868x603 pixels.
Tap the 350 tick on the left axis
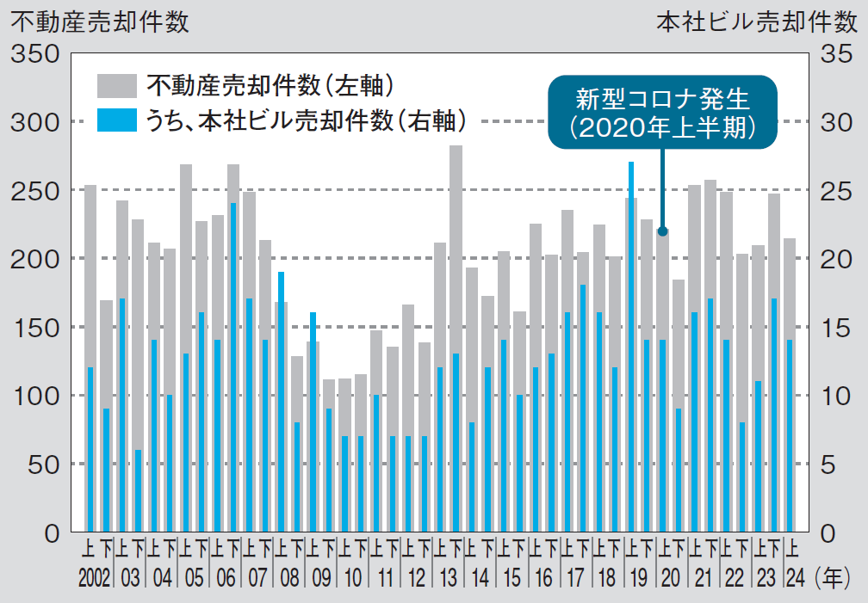pos(34,54)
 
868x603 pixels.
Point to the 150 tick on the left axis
pos(34,328)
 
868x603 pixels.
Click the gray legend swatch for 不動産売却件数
pos(116,86)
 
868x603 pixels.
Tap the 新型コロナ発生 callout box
pos(662,112)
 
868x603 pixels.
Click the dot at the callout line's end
pos(662,231)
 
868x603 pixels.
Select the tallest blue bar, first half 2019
pos(631,344)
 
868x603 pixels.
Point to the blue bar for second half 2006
pos(233,366)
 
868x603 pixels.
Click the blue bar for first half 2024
pos(790,434)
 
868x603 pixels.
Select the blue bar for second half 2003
pos(138,490)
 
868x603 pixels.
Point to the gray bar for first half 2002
pos(90,275)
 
